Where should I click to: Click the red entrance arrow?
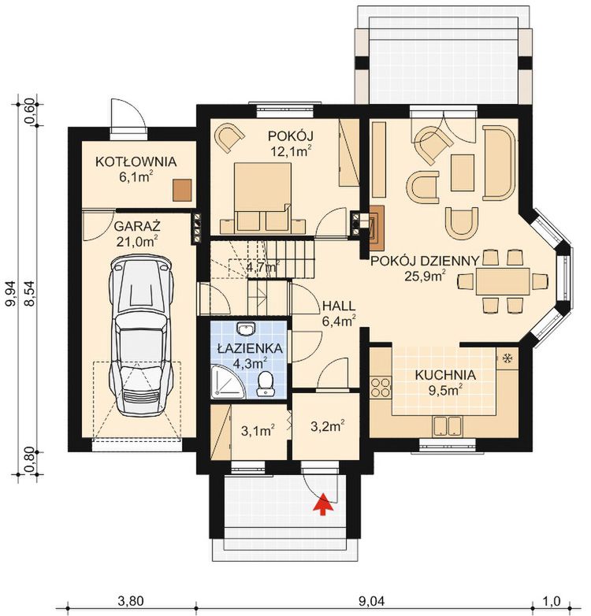[x=322, y=504]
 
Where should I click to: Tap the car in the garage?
[x=141, y=336]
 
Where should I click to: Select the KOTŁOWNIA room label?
[x=136, y=161]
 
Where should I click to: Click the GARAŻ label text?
[x=138, y=227]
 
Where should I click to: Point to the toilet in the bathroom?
[x=266, y=383]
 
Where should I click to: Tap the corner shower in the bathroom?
[x=228, y=382]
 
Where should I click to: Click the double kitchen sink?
[x=447, y=426]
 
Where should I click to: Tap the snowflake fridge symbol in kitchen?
[x=507, y=358]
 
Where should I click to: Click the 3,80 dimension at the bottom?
[x=131, y=601]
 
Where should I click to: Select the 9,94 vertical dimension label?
[x=13, y=294]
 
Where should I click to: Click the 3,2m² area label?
[x=328, y=426]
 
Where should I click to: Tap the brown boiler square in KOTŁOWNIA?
[x=182, y=190]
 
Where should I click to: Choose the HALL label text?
[x=339, y=306]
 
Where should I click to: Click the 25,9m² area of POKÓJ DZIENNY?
[x=426, y=276]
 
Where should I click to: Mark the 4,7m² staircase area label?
[x=262, y=267]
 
